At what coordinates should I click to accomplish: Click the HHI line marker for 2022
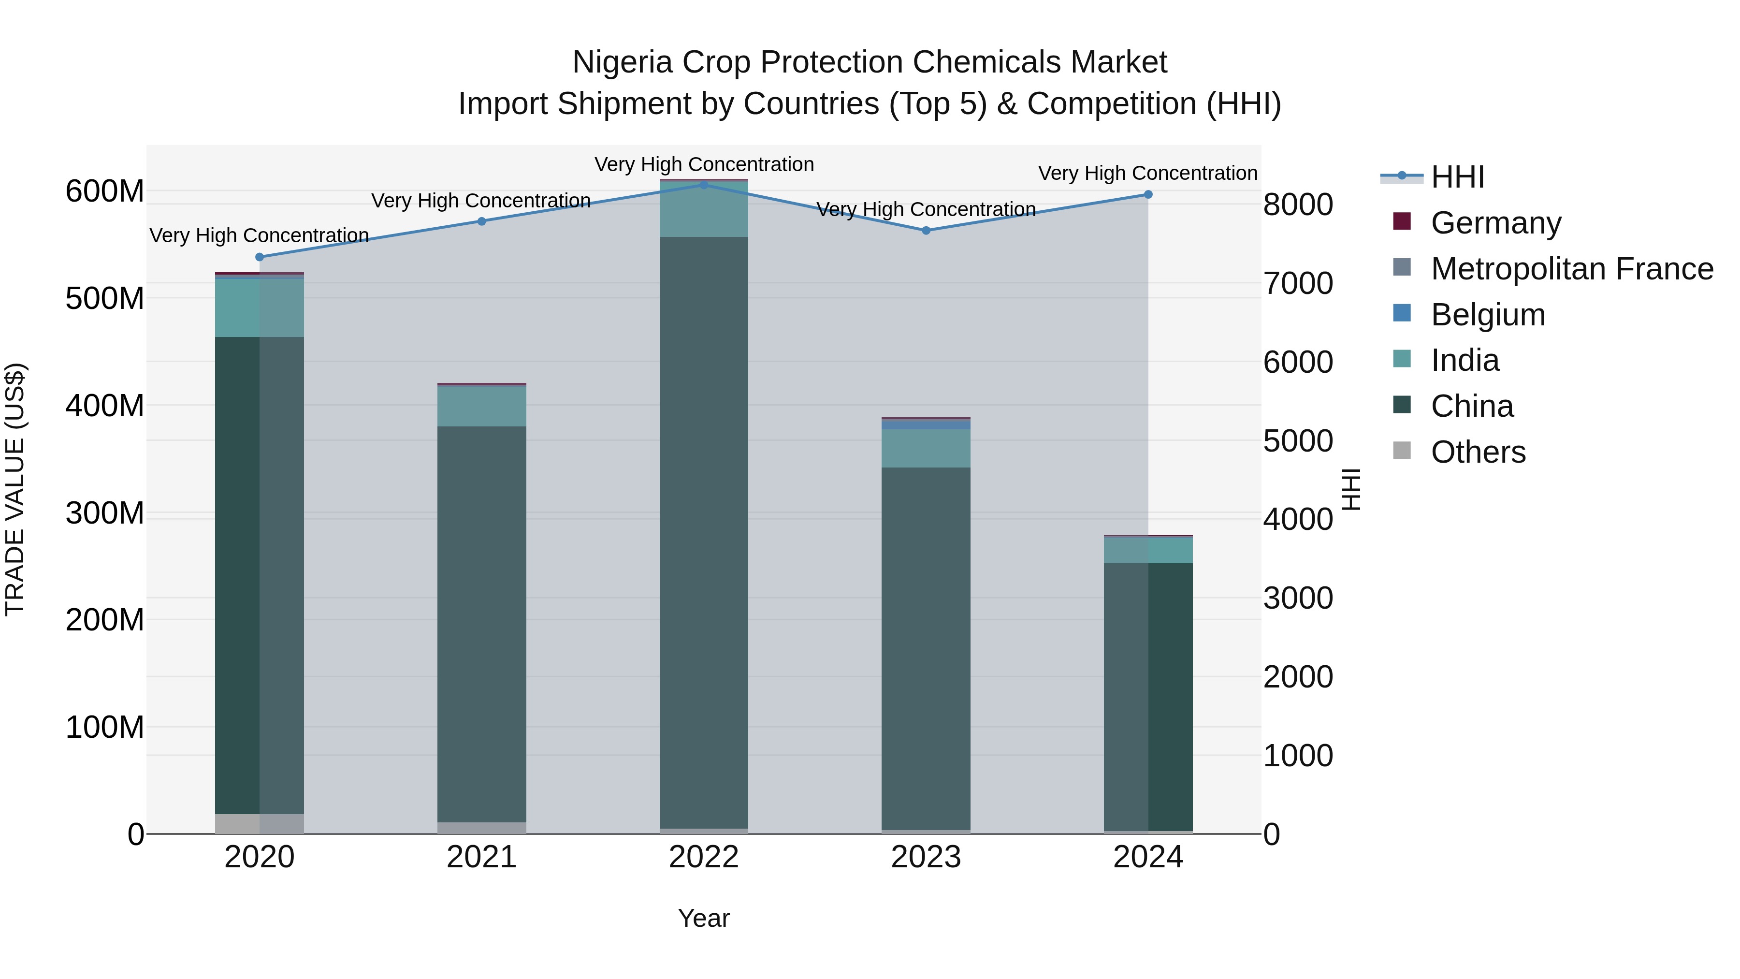(x=704, y=185)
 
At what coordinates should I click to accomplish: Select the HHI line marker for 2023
(x=926, y=231)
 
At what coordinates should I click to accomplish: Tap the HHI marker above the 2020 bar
(x=260, y=257)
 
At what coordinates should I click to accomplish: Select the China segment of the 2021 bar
(x=481, y=622)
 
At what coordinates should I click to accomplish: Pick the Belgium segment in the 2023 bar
(x=926, y=425)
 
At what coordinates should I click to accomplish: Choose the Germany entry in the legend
(x=1495, y=223)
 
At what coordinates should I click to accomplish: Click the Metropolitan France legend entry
(x=1571, y=269)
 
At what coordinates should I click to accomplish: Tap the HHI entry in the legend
(x=1457, y=177)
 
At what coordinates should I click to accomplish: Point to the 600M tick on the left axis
(x=105, y=191)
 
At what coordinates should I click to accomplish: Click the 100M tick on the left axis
(x=105, y=728)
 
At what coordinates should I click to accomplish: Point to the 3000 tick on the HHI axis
(x=1298, y=599)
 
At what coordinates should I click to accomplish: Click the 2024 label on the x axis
(x=1147, y=857)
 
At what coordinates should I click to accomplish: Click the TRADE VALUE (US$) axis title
(x=15, y=489)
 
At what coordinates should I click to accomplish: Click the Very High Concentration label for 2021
(x=481, y=201)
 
